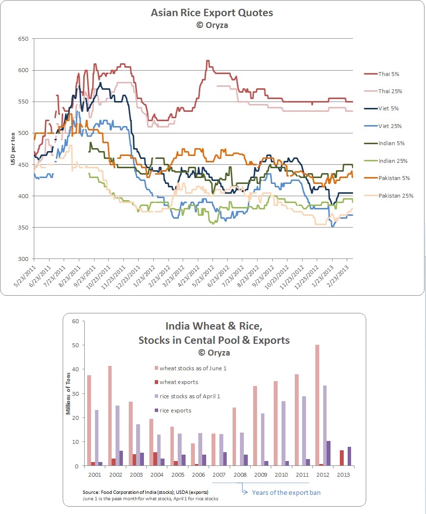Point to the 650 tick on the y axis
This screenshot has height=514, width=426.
tap(23, 39)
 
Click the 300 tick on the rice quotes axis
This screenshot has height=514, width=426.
tap(23, 259)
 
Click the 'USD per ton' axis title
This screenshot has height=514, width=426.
tap(13, 149)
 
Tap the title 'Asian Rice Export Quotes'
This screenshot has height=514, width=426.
tap(212, 13)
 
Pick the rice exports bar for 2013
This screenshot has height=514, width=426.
tap(350, 457)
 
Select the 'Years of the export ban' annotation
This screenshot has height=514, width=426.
tap(286, 492)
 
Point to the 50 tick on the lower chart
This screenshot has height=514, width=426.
tap(76, 346)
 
